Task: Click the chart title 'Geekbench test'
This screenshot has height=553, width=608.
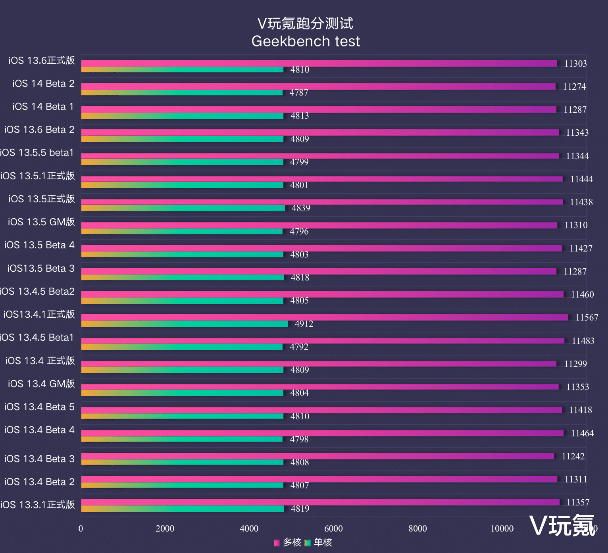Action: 306,41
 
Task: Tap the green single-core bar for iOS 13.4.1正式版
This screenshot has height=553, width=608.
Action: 185,324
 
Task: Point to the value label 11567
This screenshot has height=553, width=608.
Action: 587,317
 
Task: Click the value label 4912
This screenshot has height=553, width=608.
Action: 304,324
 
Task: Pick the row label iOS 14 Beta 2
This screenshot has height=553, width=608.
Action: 43,84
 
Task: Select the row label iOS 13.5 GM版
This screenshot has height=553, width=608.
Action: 41,222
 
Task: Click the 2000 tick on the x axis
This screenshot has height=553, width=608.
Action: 165,528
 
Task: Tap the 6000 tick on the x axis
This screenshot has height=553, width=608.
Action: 333,528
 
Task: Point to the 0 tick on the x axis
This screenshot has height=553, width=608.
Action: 81,528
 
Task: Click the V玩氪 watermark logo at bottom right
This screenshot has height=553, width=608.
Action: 562,526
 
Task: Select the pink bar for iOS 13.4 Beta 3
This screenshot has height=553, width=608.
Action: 317,456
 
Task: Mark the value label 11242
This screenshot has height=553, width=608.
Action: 573,456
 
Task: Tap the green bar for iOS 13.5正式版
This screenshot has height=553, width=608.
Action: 183,208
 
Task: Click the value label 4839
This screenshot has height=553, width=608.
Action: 301,208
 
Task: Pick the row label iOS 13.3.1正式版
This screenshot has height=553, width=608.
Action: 38,505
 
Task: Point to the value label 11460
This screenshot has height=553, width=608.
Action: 582,294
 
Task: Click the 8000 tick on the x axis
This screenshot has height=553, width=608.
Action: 418,528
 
